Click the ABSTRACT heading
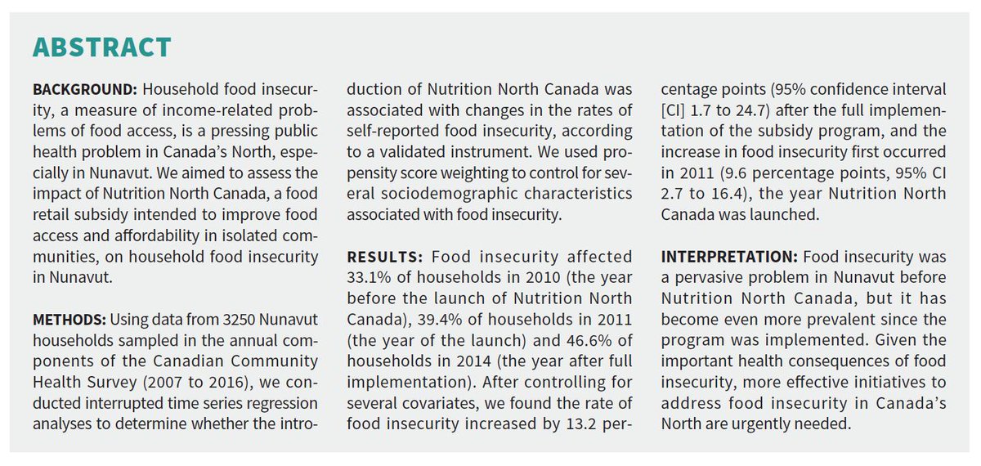[x=101, y=47]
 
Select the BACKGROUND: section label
[x=85, y=89]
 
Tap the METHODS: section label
[x=69, y=320]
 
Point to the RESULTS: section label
[x=385, y=257]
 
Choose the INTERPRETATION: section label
[x=729, y=257]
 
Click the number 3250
[x=239, y=320]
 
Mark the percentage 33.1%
[x=365, y=278]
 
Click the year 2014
[x=473, y=361]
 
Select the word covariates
[x=440, y=403]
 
